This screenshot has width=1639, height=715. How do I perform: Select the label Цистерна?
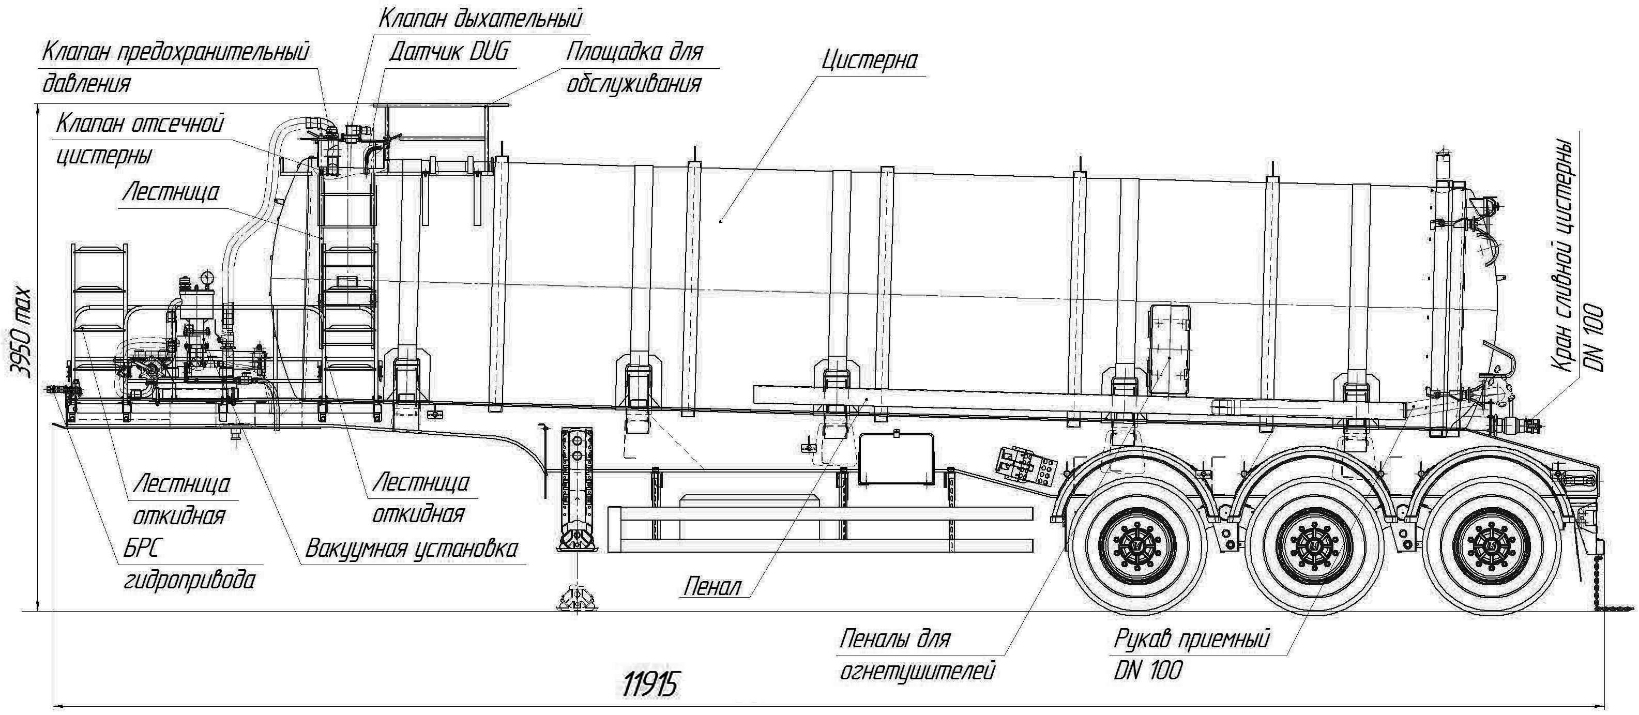(x=869, y=61)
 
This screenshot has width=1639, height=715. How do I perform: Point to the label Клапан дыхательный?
(x=480, y=19)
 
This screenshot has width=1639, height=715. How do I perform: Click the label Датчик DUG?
(x=449, y=52)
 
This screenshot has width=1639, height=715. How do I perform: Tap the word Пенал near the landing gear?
(x=712, y=586)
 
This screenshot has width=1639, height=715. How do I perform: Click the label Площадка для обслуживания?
(x=634, y=68)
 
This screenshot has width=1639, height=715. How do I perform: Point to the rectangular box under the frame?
(x=896, y=459)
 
